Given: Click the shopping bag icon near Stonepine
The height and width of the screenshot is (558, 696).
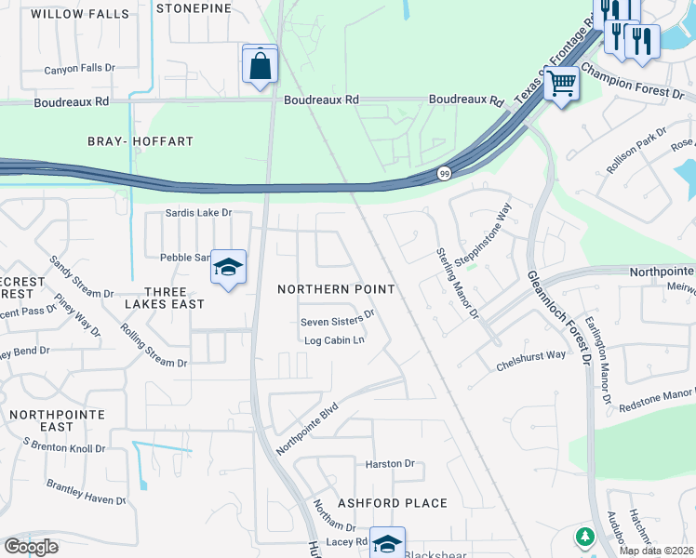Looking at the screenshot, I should pyautogui.click(x=261, y=65).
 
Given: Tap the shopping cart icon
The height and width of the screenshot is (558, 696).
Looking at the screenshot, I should pyautogui.click(x=562, y=85).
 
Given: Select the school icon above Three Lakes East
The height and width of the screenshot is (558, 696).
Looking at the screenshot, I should pyautogui.click(x=228, y=268).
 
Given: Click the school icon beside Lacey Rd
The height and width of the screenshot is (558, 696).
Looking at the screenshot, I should pyautogui.click(x=387, y=543).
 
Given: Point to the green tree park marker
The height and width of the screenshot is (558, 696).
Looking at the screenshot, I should pyautogui.click(x=584, y=537).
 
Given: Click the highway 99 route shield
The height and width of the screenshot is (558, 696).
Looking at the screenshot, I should pyautogui.click(x=445, y=174).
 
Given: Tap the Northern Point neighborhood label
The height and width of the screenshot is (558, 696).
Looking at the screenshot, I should pyautogui.click(x=337, y=289).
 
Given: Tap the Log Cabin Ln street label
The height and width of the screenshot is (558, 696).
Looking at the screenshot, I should pyautogui.click(x=334, y=341).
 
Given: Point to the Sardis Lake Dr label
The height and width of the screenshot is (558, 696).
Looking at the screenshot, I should pyautogui.click(x=197, y=213).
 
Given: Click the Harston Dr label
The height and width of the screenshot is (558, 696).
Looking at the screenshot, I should pyautogui.click(x=390, y=463).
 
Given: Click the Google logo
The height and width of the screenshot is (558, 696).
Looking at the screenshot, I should pyautogui.click(x=31, y=547).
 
